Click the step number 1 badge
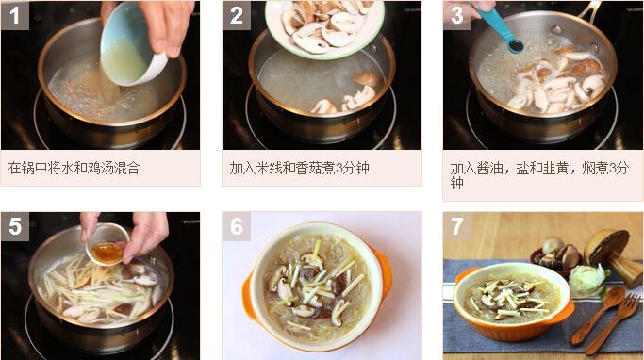coord(15,15)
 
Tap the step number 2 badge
coord(236,15)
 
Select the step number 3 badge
coord(456,15)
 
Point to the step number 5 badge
coord(15,226)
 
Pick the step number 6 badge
coord(236,226)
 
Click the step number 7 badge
coord(456,226)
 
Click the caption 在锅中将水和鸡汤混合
coord(74,168)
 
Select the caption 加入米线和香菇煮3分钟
coord(299,168)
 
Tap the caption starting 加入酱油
coord(539,175)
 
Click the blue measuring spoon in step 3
coord(501,29)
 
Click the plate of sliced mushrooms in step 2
coord(324,26)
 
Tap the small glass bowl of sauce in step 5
coord(107,245)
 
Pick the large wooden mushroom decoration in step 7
coord(612,254)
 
